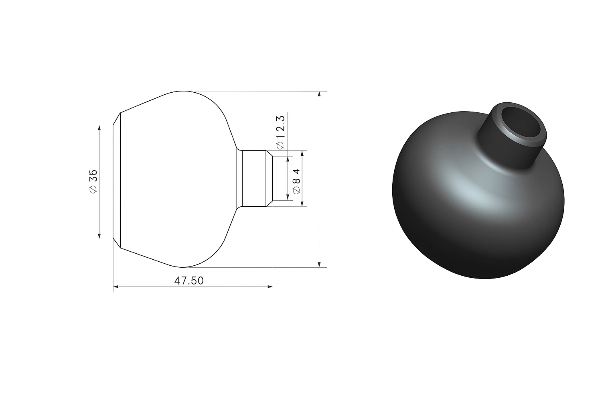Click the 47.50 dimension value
[x=189, y=281]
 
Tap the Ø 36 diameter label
[x=93, y=181]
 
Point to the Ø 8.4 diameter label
[x=296, y=182]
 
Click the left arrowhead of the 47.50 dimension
[x=116, y=287]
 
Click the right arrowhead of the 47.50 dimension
[x=270, y=287]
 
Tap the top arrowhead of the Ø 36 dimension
[x=99, y=128]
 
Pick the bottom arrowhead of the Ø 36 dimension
[x=99, y=236]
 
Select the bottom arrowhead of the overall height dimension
[x=319, y=265]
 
